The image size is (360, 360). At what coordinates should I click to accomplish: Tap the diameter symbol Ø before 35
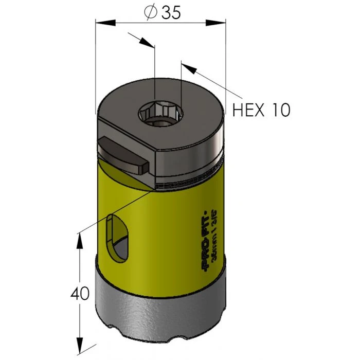150,13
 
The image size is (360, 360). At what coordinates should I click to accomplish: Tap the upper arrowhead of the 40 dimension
79,238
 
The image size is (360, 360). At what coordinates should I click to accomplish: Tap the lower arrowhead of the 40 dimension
79,345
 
